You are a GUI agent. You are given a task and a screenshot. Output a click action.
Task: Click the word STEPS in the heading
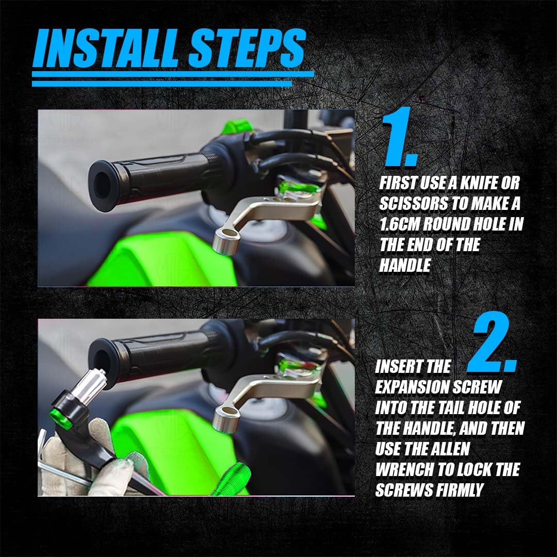247,48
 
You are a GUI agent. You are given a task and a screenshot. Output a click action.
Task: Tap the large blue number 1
399,137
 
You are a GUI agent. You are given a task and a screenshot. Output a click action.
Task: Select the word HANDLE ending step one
405,266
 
